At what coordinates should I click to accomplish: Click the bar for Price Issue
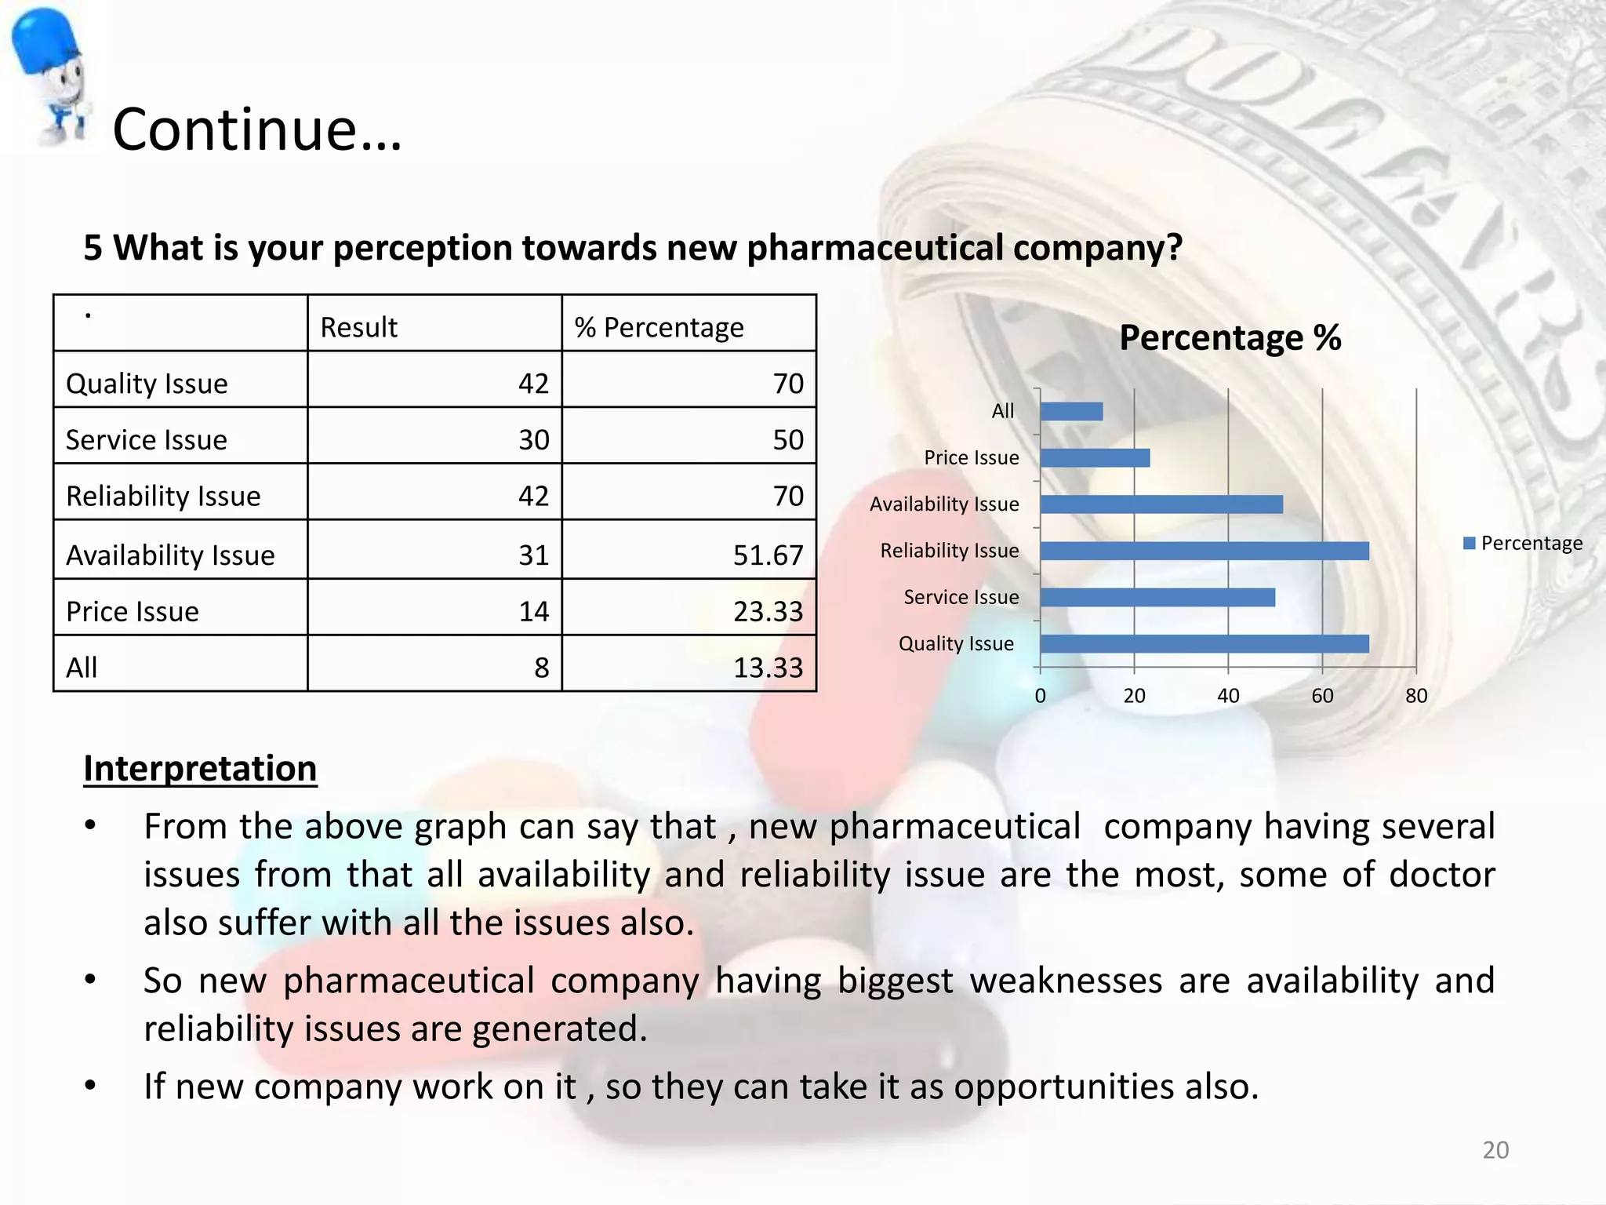(x=1095, y=458)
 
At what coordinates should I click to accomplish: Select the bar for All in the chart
(x=1071, y=411)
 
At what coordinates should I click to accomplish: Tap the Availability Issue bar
(x=1161, y=504)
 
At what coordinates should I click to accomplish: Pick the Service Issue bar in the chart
(x=1157, y=598)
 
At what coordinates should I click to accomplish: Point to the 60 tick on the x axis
(x=1322, y=696)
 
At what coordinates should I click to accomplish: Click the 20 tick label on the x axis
(x=1134, y=696)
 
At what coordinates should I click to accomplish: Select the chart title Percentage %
(x=1230, y=338)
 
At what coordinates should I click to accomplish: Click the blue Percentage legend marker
(x=1470, y=543)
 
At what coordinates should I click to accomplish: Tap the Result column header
(x=359, y=327)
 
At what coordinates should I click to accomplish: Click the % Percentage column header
(x=659, y=327)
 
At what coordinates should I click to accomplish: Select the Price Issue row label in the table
(x=133, y=612)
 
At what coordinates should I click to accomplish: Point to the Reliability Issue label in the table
(x=163, y=497)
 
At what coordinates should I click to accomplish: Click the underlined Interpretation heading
(x=200, y=769)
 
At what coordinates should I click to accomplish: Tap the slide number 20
(x=1495, y=1150)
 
